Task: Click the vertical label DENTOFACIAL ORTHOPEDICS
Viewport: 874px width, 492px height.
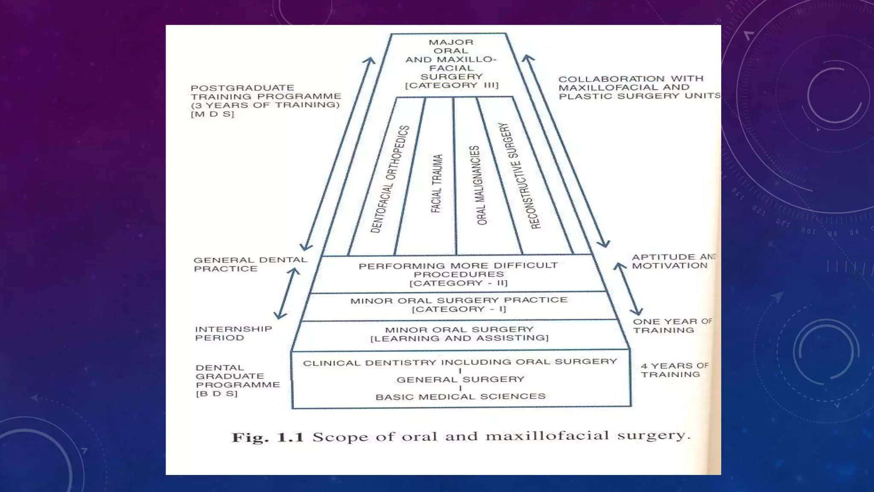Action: pos(390,179)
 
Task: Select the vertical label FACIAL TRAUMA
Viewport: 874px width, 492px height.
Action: pos(437,184)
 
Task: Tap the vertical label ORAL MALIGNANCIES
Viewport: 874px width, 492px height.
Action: pos(478,185)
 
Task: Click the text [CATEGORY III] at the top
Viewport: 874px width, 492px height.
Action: pos(452,85)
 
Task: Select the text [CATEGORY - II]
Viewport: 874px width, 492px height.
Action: pos(459,283)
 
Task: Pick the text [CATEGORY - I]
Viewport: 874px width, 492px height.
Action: pos(459,309)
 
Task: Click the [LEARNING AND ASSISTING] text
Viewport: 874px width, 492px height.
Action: pos(459,338)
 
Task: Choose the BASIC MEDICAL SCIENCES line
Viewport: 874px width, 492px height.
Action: pos(460,397)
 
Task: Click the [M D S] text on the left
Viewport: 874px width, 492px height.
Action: pos(213,114)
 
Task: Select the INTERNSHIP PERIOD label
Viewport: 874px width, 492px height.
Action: pos(233,333)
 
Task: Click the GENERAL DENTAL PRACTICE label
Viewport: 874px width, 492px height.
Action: pos(250,264)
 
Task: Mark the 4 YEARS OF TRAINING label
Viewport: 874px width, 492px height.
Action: pos(674,370)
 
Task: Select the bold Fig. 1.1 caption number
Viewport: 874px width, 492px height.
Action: pos(267,437)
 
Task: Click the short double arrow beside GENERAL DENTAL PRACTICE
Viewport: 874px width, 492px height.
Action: pos(286,293)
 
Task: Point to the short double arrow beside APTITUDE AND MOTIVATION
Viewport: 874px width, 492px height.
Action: pos(628,289)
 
